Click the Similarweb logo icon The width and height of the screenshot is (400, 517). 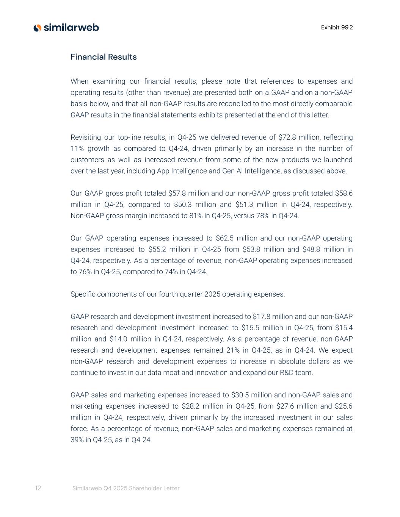click(x=37, y=28)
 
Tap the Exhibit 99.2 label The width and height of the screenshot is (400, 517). click(x=337, y=27)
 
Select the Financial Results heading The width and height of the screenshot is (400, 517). click(x=104, y=57)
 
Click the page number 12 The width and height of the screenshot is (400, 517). click(x=38, y=488)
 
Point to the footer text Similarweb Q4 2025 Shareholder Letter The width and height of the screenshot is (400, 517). click(x=126, y=488)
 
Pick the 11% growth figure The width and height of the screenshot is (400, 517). click(x=77, y=148)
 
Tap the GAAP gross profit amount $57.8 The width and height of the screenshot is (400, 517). click(x=176, y=193)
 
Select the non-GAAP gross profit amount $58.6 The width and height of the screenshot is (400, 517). click(x=344, y=193)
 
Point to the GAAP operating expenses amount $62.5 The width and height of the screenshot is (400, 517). click(x=224, y=238)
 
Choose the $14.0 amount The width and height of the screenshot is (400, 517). click(x=118, y=339)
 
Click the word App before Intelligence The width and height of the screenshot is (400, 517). click(x=164, y=171)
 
